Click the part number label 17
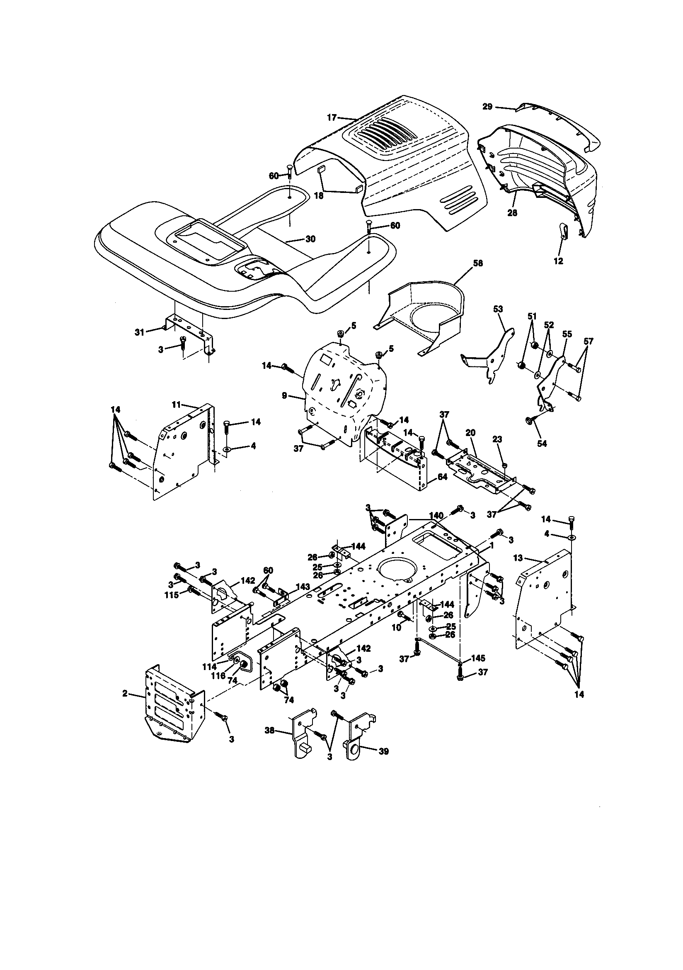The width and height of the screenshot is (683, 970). tap(332, 117)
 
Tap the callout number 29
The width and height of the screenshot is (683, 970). tap(487, 107)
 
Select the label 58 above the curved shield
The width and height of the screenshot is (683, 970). tap(478, 263)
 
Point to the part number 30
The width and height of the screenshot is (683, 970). tap(310, 239)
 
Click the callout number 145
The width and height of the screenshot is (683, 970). tap(478, 658)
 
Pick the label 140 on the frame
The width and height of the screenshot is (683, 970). tap(436, 515)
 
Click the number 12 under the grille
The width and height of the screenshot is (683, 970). tap(558, 261)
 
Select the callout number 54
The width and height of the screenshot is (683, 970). tap(542, 443)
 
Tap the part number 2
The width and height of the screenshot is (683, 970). tap(125, 694)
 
